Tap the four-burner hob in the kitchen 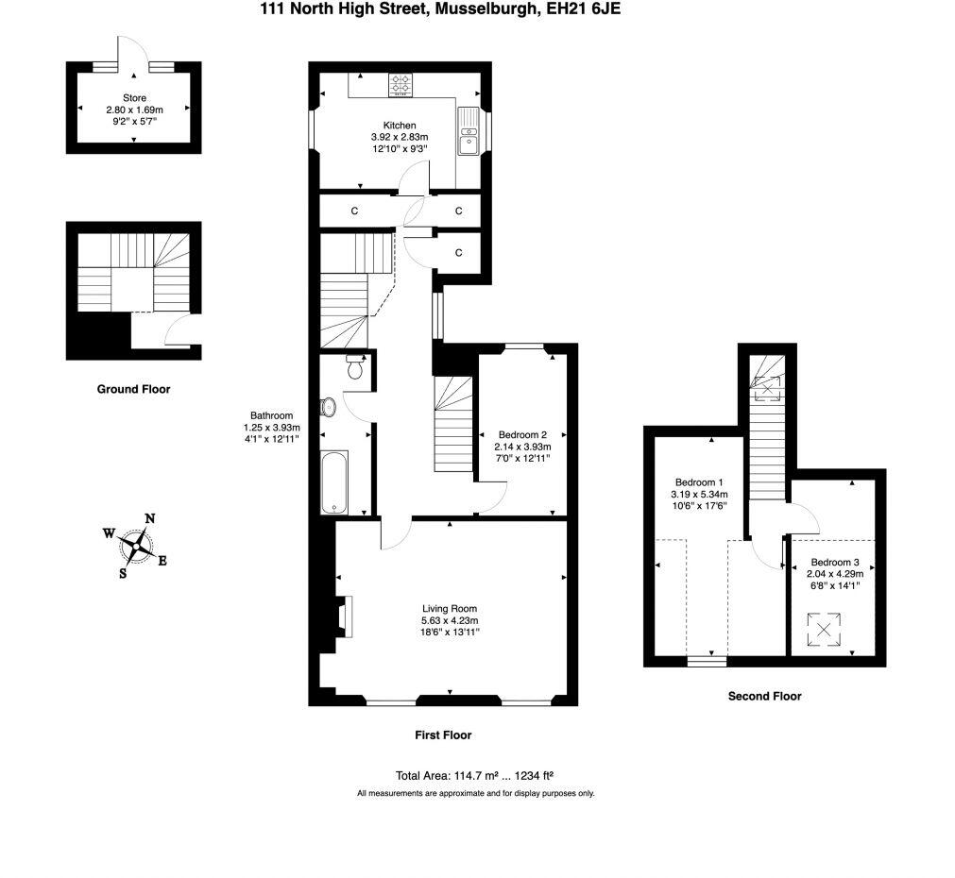coord(400,85)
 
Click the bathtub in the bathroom coord(334,482)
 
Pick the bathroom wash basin coord(328,407)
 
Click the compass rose coord(136,545)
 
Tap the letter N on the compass coord(149,518)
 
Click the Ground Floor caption coord(133,389)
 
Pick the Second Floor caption coord(764,696)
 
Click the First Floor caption coord(442,734)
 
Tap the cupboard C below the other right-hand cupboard coord(458,253)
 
